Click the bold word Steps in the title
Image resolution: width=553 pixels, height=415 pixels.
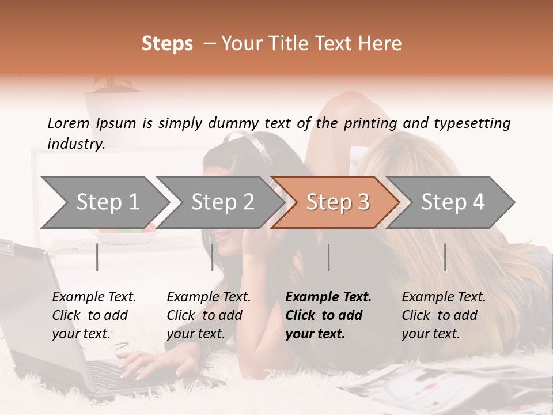167,44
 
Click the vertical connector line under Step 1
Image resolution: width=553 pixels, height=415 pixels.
97,257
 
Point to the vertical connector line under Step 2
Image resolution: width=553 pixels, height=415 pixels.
213,257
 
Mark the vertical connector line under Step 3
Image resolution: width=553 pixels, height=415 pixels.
328,257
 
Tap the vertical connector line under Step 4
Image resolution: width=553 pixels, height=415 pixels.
445,257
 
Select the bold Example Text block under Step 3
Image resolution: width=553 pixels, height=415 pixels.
328,315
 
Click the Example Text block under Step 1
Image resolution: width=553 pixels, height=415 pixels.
94,315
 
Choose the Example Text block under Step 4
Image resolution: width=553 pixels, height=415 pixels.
444,315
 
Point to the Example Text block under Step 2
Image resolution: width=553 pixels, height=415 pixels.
209,315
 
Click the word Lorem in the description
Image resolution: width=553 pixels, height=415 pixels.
69,123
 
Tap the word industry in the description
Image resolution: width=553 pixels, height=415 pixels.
75,144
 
